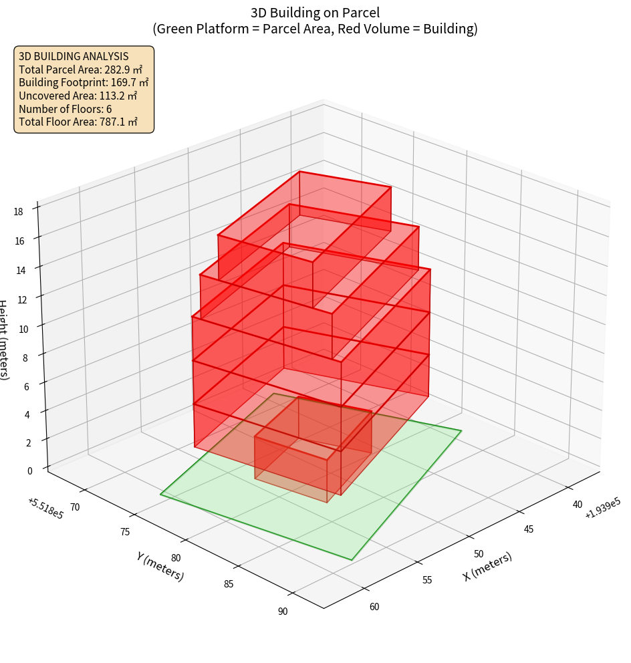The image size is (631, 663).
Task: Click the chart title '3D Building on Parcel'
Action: click(x=315, y=12)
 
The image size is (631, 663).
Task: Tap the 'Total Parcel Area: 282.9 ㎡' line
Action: click(x=80, y=70)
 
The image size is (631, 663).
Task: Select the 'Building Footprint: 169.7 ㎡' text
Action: click(x=84, y=82)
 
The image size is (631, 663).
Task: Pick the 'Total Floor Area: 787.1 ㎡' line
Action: click(x=78, y=122)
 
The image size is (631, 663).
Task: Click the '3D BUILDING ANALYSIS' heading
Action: click(x=74, y=56)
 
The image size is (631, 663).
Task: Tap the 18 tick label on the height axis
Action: click(x=18, y=212)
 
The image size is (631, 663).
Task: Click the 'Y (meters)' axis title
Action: click(x=160, y=565)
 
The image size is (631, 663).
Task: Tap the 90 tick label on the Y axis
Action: click(x=283, y=611)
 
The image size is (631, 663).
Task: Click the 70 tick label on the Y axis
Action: click(x=75, y=507)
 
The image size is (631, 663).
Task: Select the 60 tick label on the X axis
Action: click(x=374, y=607)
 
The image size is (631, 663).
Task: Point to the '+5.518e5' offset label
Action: click(x=45, y=508)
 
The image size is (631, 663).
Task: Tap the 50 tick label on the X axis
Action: click(x=479, y=554)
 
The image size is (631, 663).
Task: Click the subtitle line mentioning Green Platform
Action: click(x=315, y=29)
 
